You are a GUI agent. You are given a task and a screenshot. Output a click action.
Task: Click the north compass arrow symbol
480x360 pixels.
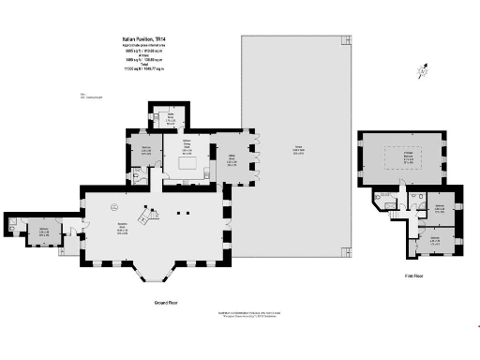tap(425, 69)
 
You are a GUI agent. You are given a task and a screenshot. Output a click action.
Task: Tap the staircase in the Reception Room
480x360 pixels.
tap(146, 217)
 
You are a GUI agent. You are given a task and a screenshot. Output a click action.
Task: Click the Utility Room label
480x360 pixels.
tap(171, 120)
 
